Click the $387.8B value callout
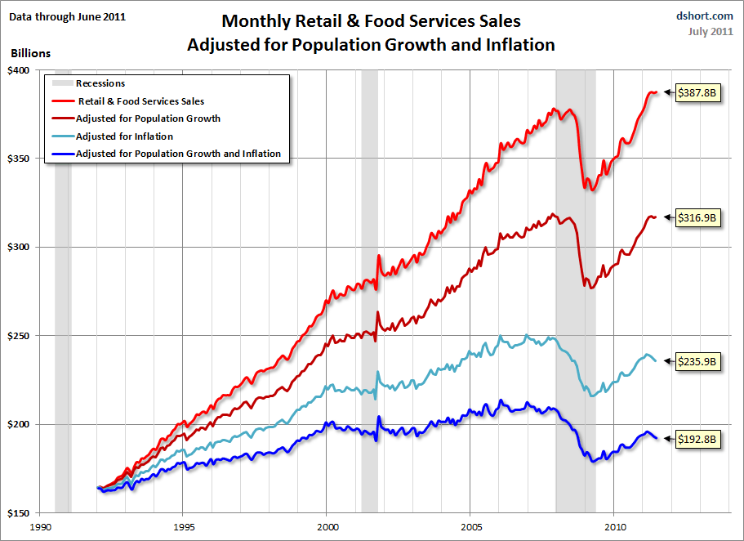click(x=697, y=93)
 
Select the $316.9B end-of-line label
click(x=697, y=218)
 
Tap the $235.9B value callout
click(x=697, y=360)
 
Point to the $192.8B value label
click(x=697, y=439)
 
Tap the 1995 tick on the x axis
click(x=183, y=527)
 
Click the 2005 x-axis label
click(x=471, y=527)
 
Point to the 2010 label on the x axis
click(x=615, y=527)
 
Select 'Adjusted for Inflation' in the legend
click(x=124, y=136)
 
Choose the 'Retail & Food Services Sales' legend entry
click(x=140, y=101)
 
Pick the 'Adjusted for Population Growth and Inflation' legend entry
click(x=178, y=154)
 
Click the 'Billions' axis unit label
click(x=30, y=53)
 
